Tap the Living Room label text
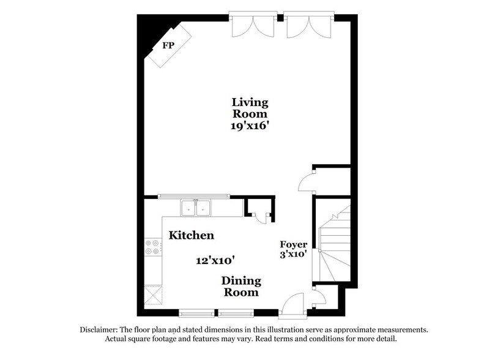(x=250, y=108)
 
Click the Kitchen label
(x=192, y=235)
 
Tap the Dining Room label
(x=241, y=287)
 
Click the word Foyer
(x=294, y=244)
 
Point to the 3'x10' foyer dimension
(x=294, y=253)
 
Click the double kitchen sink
(x=196, y=208)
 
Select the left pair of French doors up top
(x=252, y=24)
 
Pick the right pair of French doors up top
(x=309, y=24)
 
